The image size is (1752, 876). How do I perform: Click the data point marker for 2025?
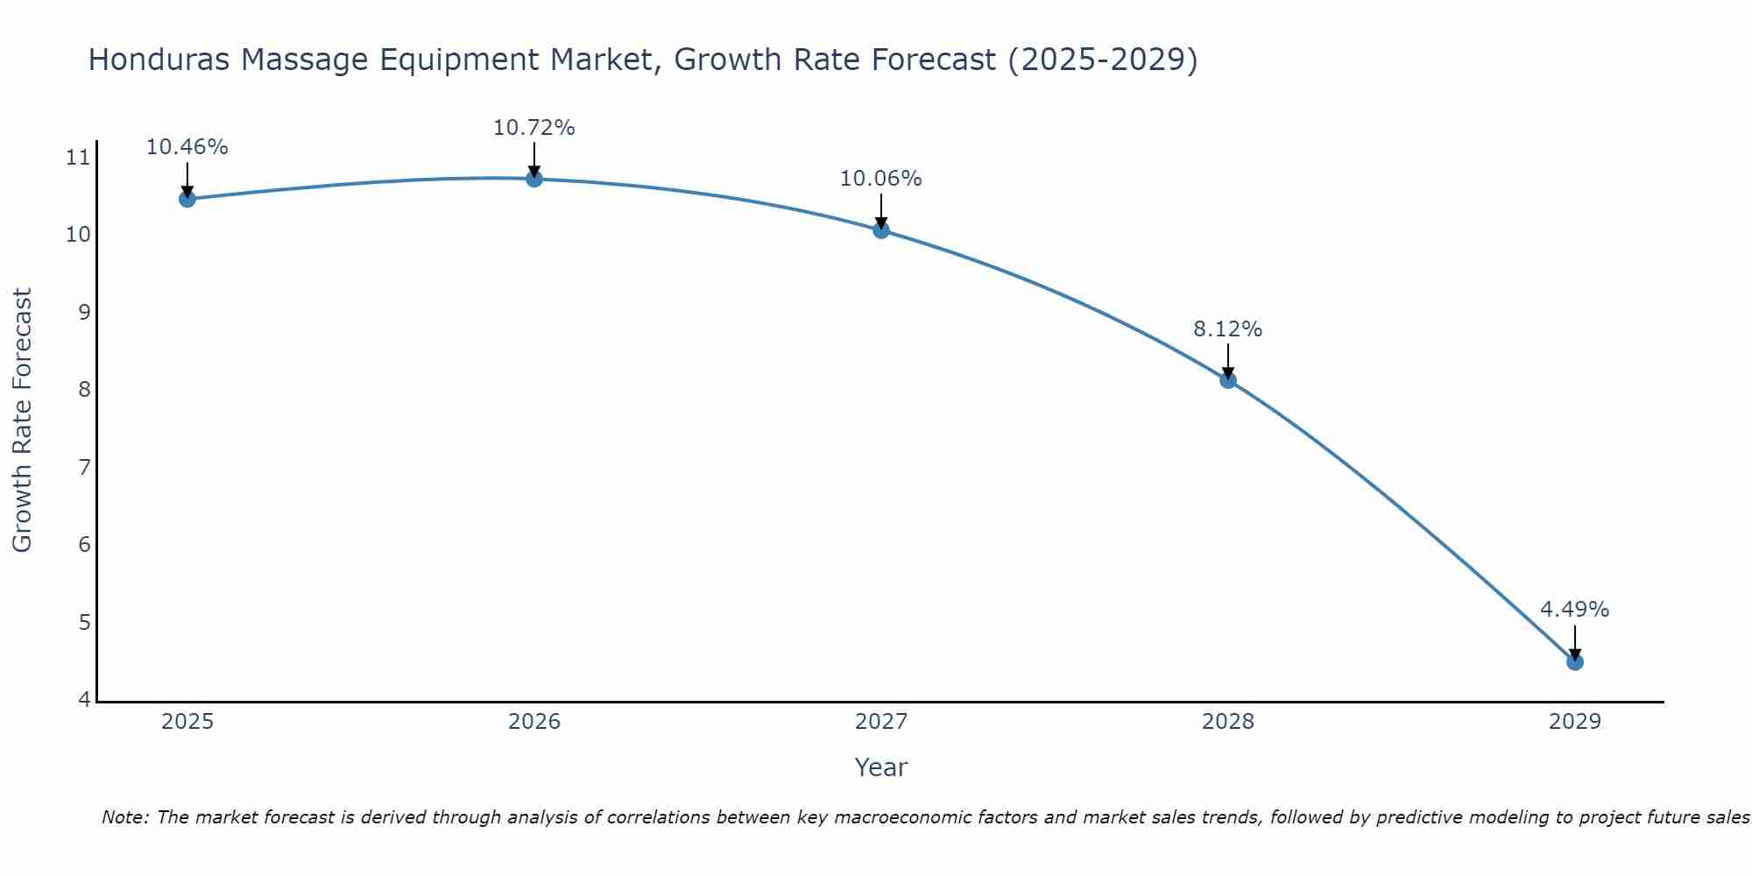[x=187, y=199]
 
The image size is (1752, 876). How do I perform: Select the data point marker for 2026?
[x=534, y=179]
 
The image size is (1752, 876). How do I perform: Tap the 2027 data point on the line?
[x=881, y=230]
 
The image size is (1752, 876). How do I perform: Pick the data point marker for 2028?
[x=1228, y=380]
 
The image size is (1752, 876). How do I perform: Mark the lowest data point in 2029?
[x=1575, y=661]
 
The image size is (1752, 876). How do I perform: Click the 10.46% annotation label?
[x=187, y=147]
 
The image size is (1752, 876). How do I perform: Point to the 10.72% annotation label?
[x=533, y=128]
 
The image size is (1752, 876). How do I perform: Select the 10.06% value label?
[x=880, y=179]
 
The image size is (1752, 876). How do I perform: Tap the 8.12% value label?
[x=1227, y=329]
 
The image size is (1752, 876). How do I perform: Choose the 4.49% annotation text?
[x=1574, y=610]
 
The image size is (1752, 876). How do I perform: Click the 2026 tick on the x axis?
[x=534, y=722]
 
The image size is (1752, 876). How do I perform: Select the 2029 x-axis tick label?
[x=1575, y=722]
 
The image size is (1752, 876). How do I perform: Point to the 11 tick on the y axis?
[x=78, y=158]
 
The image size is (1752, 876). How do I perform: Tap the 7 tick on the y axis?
[x=84, y=467]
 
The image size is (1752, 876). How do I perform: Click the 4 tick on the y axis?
[x=84, y=699]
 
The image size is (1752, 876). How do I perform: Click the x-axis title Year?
[x=880, y=767]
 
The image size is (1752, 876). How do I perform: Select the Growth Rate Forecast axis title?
[x=22, y=420]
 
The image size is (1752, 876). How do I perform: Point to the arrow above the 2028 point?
[x=1228, y=360]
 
